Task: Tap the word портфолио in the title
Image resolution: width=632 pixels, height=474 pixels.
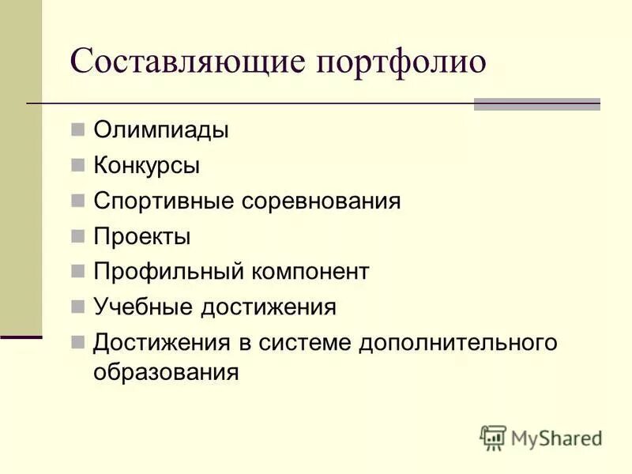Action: point(401,62)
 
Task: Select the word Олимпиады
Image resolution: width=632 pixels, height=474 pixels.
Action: point(161,130)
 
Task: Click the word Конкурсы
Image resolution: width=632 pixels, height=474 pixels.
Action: point(146,165)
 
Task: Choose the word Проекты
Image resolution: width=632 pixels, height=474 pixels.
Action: point(142,236)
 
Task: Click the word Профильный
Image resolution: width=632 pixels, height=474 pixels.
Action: point(168,272)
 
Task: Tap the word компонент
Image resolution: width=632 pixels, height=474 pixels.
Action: point(310,272)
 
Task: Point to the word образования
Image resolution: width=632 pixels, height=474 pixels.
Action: point(166,371)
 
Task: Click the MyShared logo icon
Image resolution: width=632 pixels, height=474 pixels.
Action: point(494,437)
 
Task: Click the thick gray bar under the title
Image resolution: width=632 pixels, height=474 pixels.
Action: point(536,103)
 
